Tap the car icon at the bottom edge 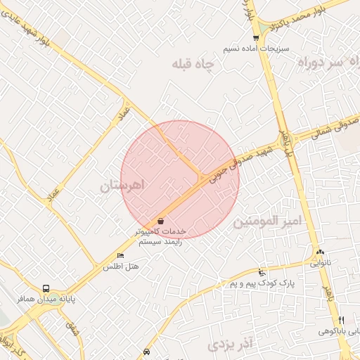click(146, 351)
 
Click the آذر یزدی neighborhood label click(229, 345)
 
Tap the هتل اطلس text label click(122, 266)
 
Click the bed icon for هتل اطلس click(120, 256)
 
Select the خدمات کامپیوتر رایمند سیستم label click(161, 236)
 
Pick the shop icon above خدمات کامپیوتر click(161, 221)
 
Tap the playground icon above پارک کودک click(262, 272)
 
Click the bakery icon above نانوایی click(320, 252)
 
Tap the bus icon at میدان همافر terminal click(46, 288)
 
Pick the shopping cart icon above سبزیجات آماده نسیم click(256, 38)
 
